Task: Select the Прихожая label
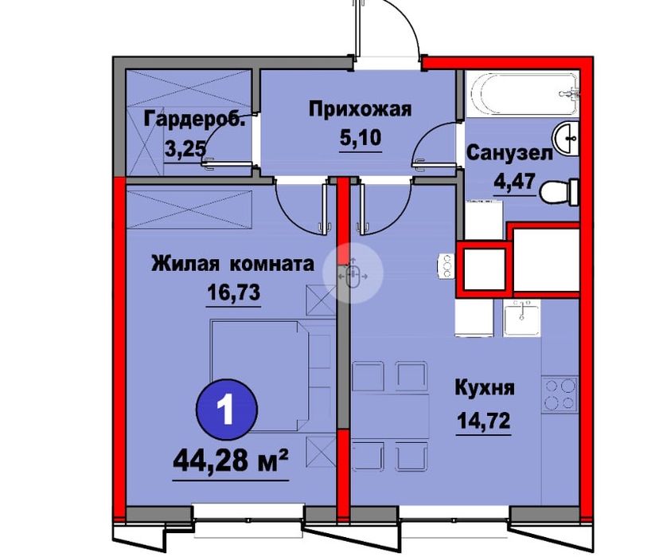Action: [360, 109]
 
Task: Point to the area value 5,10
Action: [360, 139]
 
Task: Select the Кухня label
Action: [485, 389]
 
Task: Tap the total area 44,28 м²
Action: [231, 460]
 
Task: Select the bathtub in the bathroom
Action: [521, 95]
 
